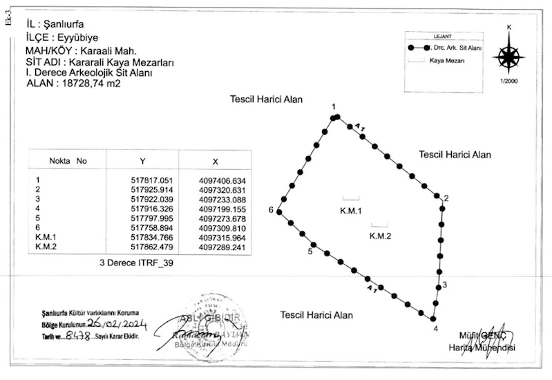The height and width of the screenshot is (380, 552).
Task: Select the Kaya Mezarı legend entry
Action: coord(446,61)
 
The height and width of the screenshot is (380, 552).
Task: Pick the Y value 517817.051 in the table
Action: coord(142,180)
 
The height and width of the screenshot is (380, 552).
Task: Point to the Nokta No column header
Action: coord(68,160)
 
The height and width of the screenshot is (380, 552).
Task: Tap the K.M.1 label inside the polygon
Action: coord(351,210)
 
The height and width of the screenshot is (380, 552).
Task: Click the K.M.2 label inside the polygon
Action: coord(380,236)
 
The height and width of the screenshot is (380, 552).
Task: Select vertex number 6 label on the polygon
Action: coord(272,211)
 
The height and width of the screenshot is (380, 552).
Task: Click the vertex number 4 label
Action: coord(435,328)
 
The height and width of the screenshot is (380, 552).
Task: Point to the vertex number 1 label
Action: coord(333,106)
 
